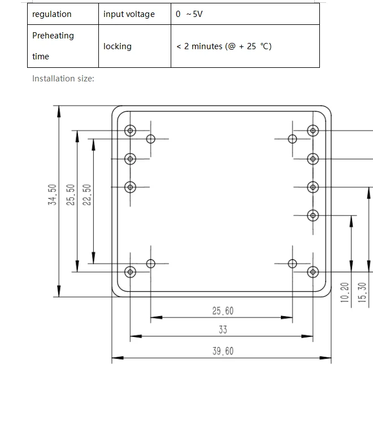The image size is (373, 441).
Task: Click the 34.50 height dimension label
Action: (x=53, y=195)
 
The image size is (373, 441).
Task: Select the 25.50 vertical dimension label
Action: (x=71, y=195)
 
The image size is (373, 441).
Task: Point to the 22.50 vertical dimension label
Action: (x=87, y=195)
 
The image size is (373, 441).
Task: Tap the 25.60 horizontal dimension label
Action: (x=223, y=311)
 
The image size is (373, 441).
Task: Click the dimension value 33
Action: (x=223, y=330)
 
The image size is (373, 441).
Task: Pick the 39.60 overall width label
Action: (x=223, y=351)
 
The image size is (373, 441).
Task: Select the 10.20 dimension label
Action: (x=345, y=292)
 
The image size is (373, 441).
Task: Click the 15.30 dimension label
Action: (x=363, y=292)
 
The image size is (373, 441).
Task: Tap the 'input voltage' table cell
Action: (x=129, y=14)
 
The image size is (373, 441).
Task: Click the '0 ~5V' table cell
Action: (x=189, y=14)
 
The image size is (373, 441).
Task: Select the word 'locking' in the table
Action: (x=118, y=46)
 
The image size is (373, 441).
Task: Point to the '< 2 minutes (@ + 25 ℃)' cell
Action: (x=224, y=46)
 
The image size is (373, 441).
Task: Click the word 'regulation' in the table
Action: (x=52, y=14)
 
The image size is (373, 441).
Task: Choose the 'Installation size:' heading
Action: (x=63, y=79)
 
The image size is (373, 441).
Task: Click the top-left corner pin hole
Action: (x=131, y=131)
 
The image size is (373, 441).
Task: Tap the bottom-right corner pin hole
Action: (x=313, y=272)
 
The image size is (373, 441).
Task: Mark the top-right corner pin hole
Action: (x=313, y=131)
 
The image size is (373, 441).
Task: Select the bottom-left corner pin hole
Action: (x=131, y=272)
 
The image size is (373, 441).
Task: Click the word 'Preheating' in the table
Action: (x=53, y=36)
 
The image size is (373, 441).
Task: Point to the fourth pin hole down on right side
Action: (x=313, y=215)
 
